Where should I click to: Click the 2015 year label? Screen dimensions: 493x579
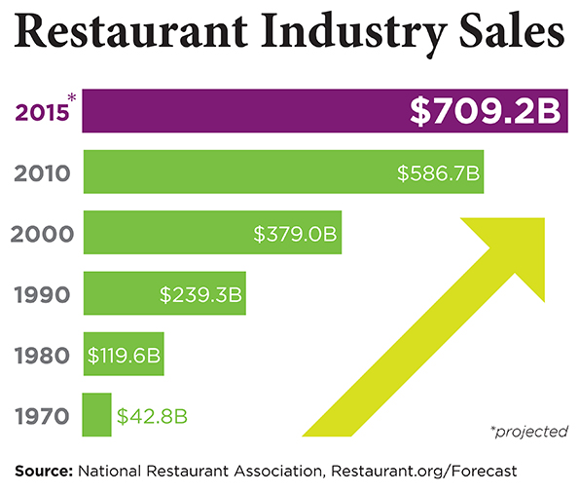pos(40,113)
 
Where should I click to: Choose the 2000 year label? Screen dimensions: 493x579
pos(41,235)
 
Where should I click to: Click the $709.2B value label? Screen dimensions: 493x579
pos(486,112)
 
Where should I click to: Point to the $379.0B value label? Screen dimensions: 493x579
pos(295,235)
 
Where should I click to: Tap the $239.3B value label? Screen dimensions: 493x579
pos(199,294)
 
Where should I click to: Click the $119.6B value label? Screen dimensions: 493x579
pos(124,355)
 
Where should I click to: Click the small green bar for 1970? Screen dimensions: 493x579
pos(96,415)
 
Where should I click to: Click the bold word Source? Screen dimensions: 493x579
pos(44,471)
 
